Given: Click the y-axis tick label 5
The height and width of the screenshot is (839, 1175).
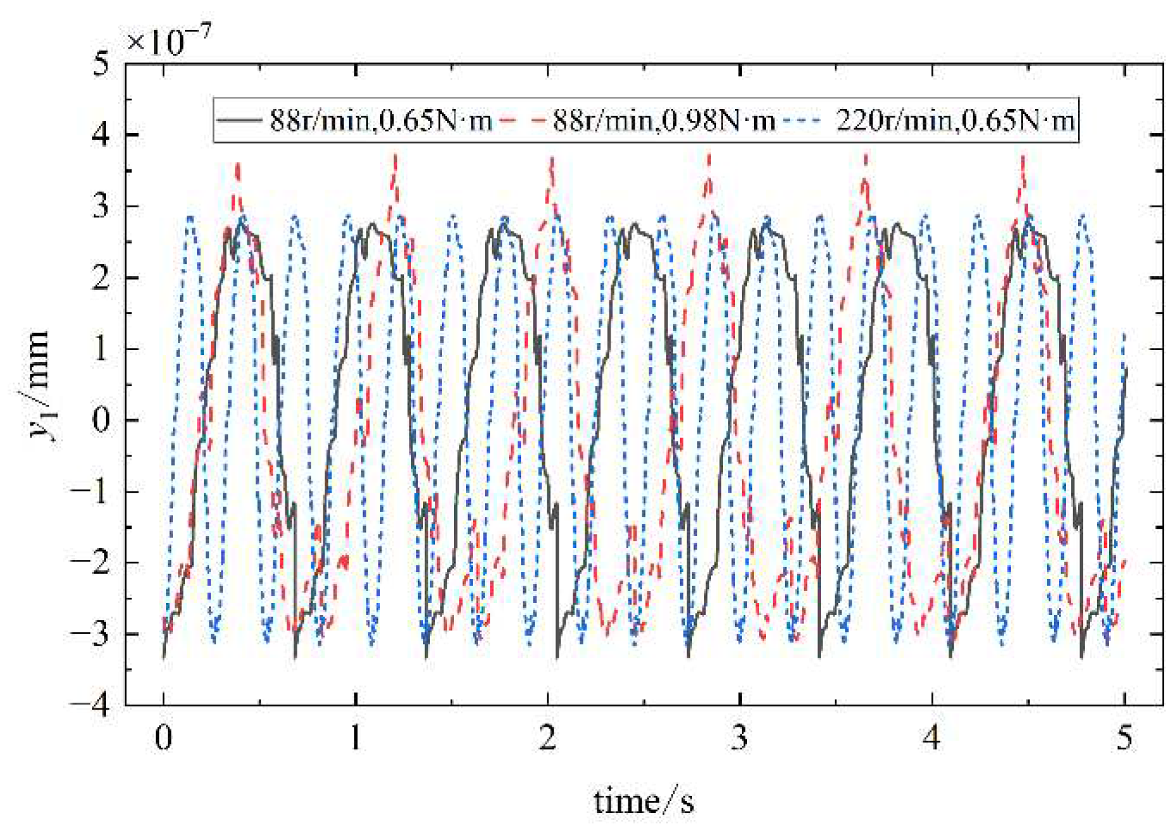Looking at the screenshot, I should click(101, 64).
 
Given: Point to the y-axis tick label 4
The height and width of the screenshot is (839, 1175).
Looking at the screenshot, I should click(101, 135).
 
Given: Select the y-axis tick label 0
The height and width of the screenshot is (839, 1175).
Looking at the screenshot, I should click(101, 420).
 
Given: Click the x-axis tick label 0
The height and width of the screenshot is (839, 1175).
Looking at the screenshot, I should click(164, 738).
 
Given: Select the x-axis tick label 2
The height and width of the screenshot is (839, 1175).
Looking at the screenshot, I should click(548, 738).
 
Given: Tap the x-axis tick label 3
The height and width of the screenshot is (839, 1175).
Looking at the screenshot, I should click(739, 738).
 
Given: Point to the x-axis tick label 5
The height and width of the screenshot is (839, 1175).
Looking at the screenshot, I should click(1124, 738).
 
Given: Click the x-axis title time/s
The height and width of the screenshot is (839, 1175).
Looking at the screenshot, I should click(644, 802).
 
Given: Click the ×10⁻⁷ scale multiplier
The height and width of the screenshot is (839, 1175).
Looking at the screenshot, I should click(168, 41).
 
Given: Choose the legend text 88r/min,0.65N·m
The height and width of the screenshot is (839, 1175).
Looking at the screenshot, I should click(381, 120).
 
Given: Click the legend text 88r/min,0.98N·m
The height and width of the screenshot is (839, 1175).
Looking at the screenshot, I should click(664, 120).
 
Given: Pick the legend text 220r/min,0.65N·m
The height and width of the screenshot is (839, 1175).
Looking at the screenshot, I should click(955, 120).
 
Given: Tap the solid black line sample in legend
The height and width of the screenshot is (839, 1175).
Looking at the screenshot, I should click(238, 119).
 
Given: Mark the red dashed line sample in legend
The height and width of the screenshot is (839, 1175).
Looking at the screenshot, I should click(523, 119).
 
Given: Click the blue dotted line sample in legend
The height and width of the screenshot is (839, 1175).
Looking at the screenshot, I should click(803, 119).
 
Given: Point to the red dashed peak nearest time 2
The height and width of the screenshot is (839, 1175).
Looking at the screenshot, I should click(552, 160).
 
